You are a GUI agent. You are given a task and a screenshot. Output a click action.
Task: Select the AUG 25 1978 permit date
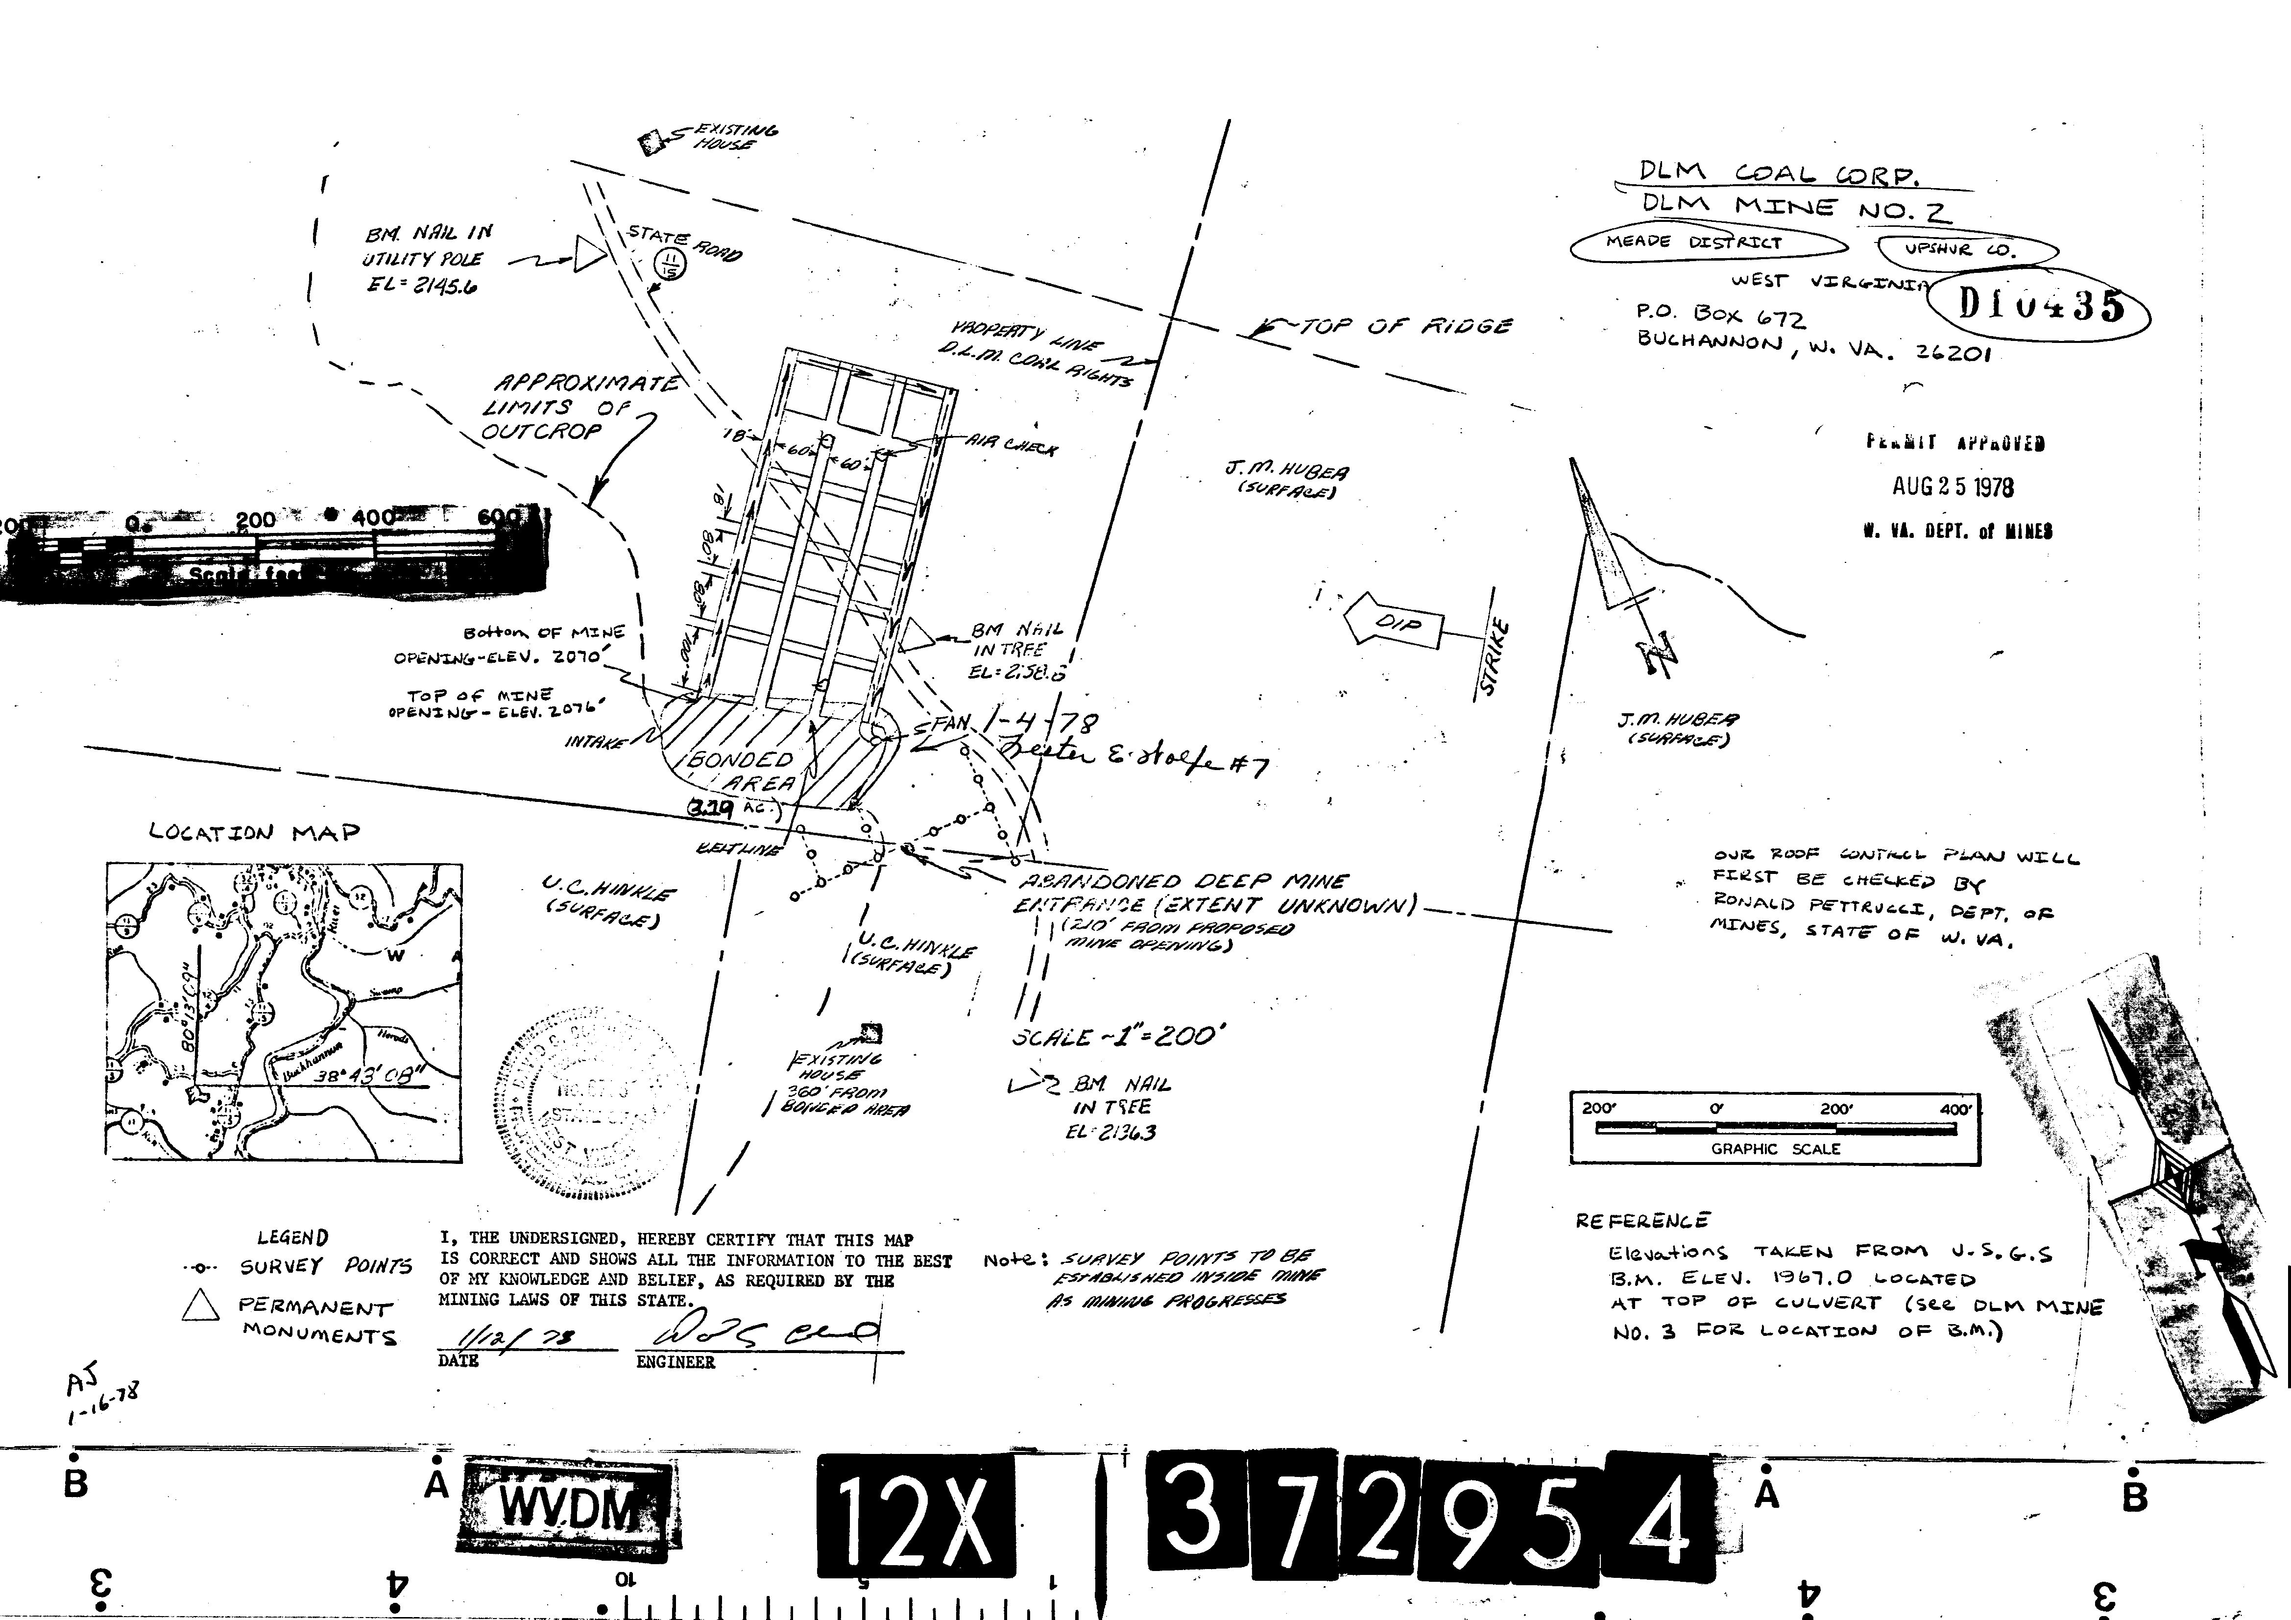pyautogui.click(x=1953, y=487)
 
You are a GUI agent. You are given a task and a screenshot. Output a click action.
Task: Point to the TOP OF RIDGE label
pyautogui.click(x=1404, y=326)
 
